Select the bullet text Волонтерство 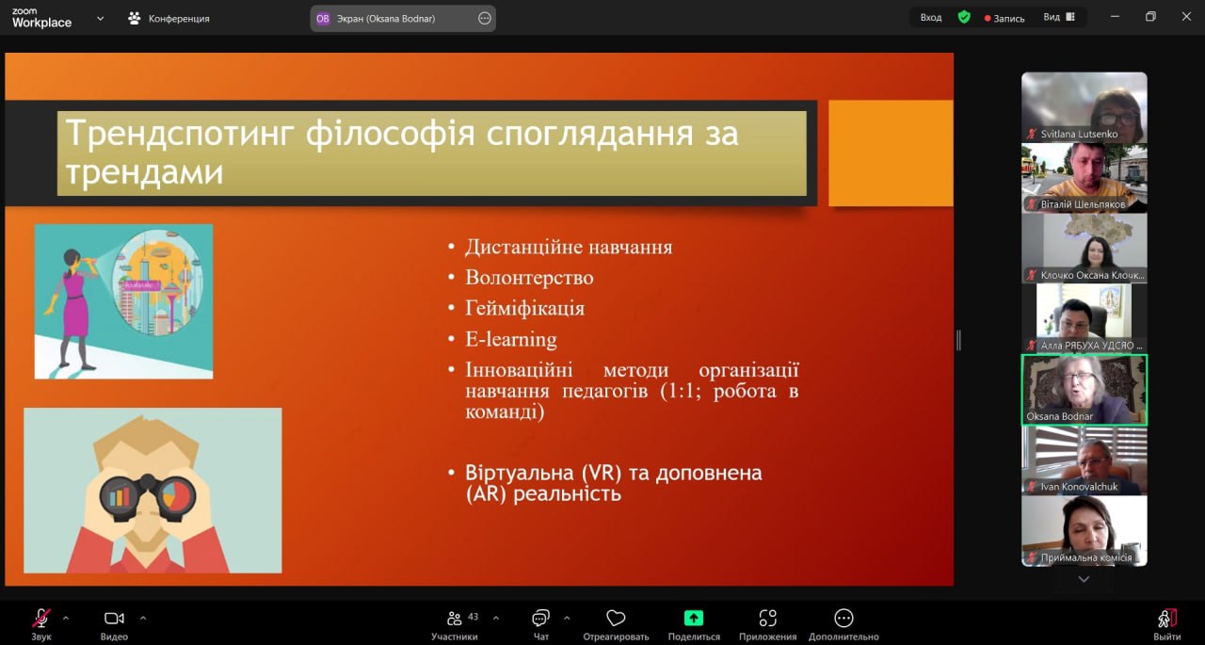tap(529, 278)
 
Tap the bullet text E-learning tap(511, 339)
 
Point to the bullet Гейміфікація tap(524, 308)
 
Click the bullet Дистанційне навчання tap(569, 247)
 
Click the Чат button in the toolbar tap(540, 625)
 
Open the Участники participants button tap(455, 625)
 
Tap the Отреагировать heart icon tap(616, 619)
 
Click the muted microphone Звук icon tap(40, 618)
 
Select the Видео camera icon tap(114, 619)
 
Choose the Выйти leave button tap(1166, 625)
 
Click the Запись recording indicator tap(1004, 18)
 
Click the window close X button tap(1186, 17)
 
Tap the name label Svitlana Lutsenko tap(1079, 134)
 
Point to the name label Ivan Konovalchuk tap(1079, 487)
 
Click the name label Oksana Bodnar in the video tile tap(1059, 416)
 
